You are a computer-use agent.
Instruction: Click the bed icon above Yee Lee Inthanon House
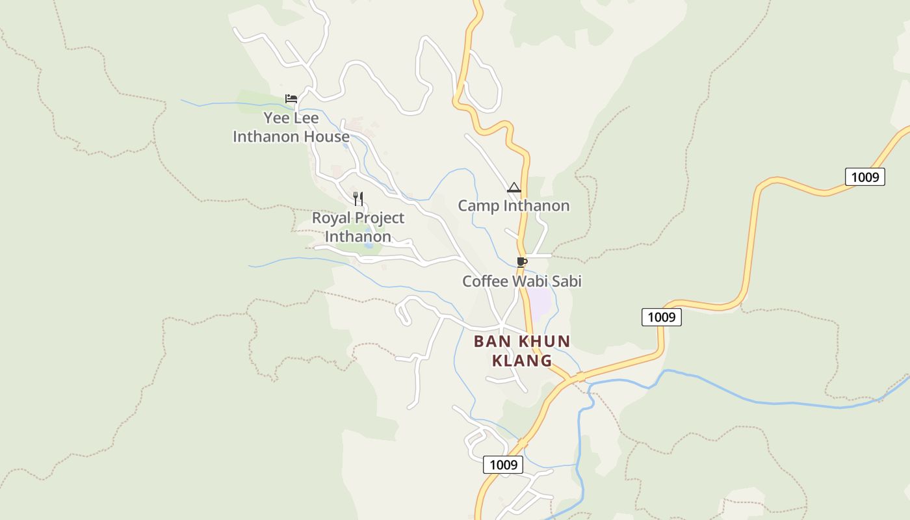pyautogui.click(x=291, y=99)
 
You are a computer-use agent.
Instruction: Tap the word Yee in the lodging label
pyautogui.click(x=276, y=118)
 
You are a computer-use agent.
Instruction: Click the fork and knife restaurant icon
pyautogui.click(x=358, y=198)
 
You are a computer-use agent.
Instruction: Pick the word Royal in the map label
pyautogui.click(x=331, y=218)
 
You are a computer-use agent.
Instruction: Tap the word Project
pyautogui.click(x=380, y=218)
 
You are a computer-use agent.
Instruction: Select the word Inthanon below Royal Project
pyautogui.click(x=358, y=236)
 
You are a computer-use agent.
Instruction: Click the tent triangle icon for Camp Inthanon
pyautogui.click(x=514, y=188)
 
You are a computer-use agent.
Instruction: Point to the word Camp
pyautogui.click(x=478, y=206)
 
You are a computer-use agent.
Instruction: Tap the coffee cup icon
pyautogui.click(x=521, y=262)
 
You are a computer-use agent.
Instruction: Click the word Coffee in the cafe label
pyautogui.click(x=485, y=281)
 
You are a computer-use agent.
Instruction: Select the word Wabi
pyautogui.click(x=530, y=281)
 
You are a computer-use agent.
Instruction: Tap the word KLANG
pyautogui.click(x=522, y=361)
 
